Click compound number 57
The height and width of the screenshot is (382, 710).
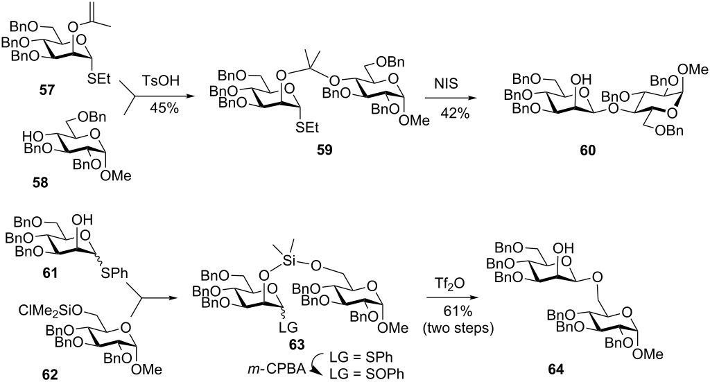[x=46, y=90]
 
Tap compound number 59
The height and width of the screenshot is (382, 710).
[x=324, y=149]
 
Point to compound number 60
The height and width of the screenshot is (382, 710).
[x=588, y=150]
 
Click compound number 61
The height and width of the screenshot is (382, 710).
[x=49, y=272]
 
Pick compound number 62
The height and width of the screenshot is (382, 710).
[x=50, y=375]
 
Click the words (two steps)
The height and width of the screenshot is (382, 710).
[x=458, y=328]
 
